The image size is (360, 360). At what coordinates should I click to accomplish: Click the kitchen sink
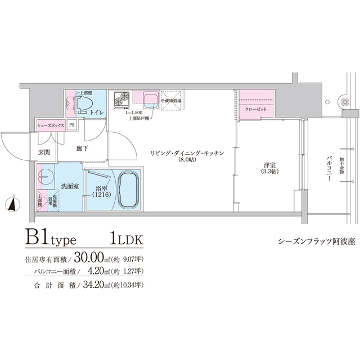[x=150, y=100]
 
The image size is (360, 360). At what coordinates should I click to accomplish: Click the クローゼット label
[x=256, y=109]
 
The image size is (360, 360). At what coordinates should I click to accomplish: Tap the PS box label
[x=72, y=125]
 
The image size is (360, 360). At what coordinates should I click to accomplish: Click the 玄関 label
[x=44, y=152]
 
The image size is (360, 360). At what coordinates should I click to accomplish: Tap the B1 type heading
[x=55, y=240]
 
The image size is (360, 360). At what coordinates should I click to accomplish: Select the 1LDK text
[x=127, y=240]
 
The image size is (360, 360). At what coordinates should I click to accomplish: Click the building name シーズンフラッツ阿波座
[x=308, y=241]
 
